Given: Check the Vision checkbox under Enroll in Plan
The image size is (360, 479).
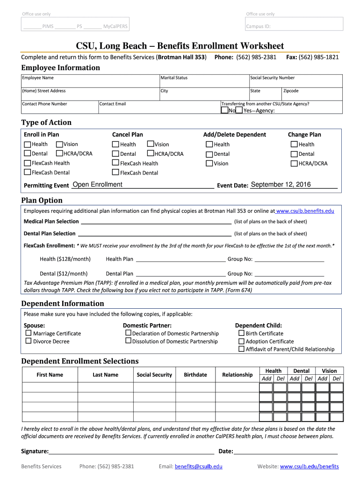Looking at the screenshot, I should (x=59, y=145).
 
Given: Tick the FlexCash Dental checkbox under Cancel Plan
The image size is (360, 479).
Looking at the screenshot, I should (x=115, y=173).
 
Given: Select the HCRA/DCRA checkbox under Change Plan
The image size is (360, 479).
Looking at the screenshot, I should (x=294, y=163).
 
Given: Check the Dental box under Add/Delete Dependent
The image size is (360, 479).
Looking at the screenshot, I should (x=209, y=154).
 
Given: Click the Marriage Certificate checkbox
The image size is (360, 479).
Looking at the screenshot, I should (x=29, y=333).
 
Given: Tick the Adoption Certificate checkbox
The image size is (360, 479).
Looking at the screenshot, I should (x=241, y=341).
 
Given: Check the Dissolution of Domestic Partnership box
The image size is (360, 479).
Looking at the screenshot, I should (x=128, y=341).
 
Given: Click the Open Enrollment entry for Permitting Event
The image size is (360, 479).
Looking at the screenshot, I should (x=97, y=184).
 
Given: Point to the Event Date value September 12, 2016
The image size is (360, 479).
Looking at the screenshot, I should (x=281, y=184).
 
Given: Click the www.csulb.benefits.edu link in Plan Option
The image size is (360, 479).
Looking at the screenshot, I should (x=305, y=211).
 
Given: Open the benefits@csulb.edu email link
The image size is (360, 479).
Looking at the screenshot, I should (x=198, y=466).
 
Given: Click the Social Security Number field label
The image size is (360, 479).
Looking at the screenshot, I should (x=273, y=78).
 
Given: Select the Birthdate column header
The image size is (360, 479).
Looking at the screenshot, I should (x=195, y=375).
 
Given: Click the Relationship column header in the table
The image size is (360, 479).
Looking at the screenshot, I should (x=237, y=375).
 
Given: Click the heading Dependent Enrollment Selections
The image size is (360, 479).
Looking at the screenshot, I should (x=80, y=361).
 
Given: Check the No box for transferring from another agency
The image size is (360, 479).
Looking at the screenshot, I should (x=224, y=110).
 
